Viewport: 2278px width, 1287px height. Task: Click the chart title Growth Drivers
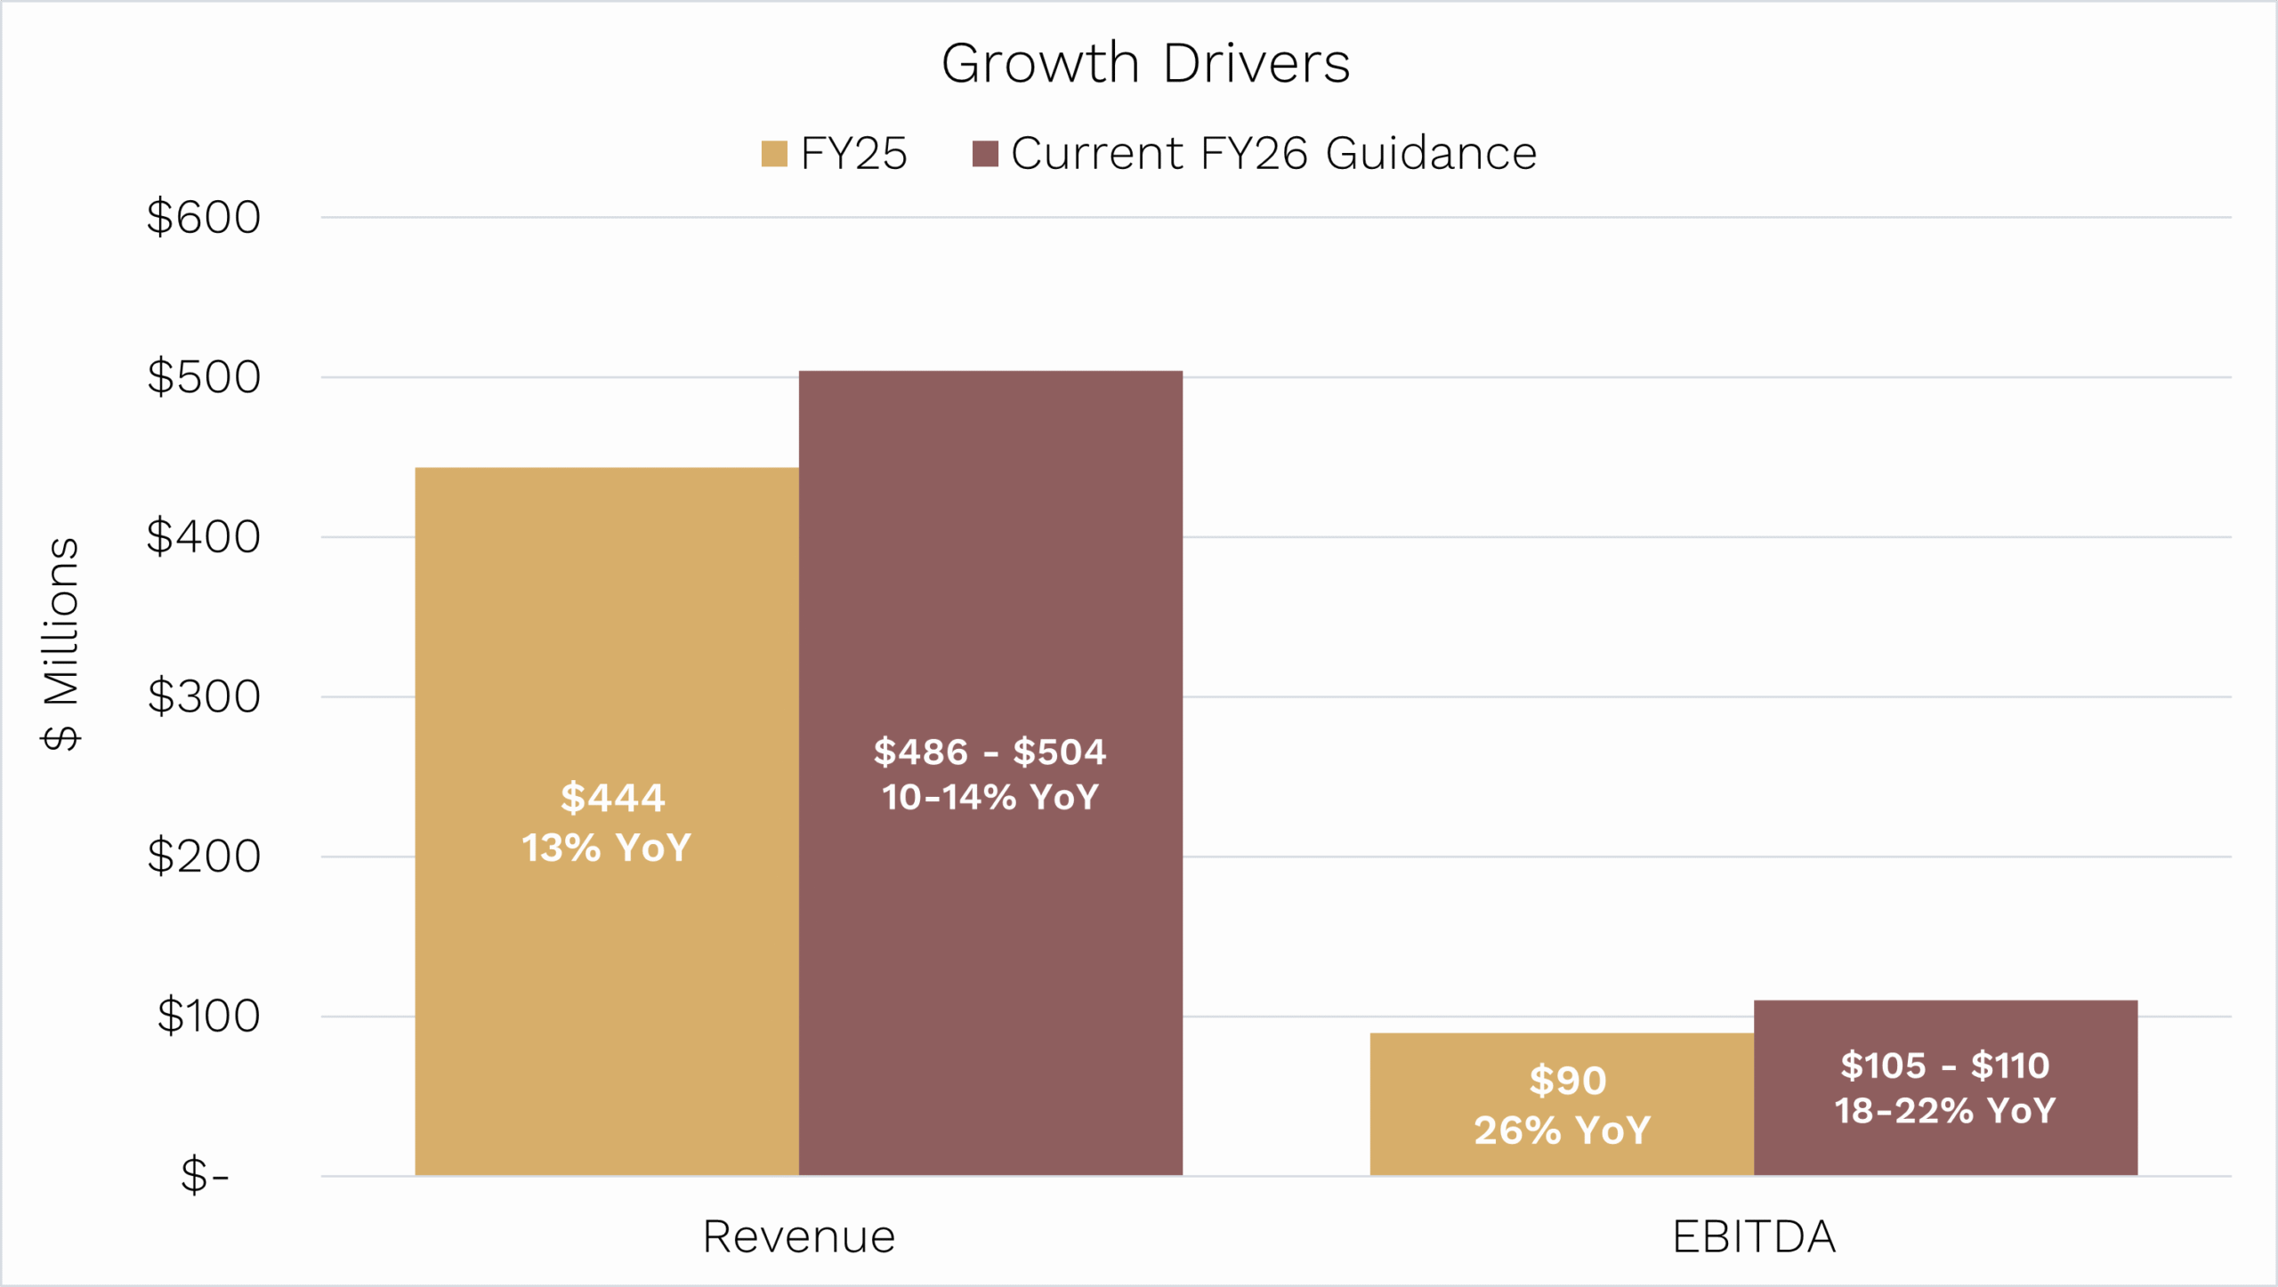click(x=1145, y=64)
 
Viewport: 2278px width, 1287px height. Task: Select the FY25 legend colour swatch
click(x=774, y=154)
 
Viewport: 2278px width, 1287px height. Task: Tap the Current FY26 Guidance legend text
click(x=1273, y=154)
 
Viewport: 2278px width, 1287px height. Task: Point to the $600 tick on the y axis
click(x=204, y=217)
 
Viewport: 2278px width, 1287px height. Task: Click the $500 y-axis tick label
click(x=204, y=377)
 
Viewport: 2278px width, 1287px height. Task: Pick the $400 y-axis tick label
click(x=204, y=537)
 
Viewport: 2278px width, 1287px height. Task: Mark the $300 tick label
click(x=204, y=696)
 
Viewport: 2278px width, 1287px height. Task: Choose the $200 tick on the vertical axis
click(x=204, y=857)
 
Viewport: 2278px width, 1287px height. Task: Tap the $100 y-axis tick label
click(x=208, y=1016)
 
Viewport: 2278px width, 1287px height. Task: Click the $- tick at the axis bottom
click(x=205, y=1176)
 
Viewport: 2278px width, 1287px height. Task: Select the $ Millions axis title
click(x=61, y=644)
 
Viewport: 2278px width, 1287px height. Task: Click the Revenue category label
click(x=798, y=1237)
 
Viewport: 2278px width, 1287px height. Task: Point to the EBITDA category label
click(x=1754, y=1237)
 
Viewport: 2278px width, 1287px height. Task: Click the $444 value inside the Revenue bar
click(x=612, y=798)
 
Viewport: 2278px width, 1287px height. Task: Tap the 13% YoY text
click(x=606, y=848)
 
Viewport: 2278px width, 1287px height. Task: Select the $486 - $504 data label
click(x=990, y=752)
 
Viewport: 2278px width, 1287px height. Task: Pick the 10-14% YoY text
click(x=990, y=797)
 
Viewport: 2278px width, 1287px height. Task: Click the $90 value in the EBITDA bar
click(x=1567, y=1082)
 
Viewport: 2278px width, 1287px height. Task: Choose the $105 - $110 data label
click(x=1944, y=1066)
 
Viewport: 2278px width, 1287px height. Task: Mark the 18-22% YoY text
click(x=1944, y=1111)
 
